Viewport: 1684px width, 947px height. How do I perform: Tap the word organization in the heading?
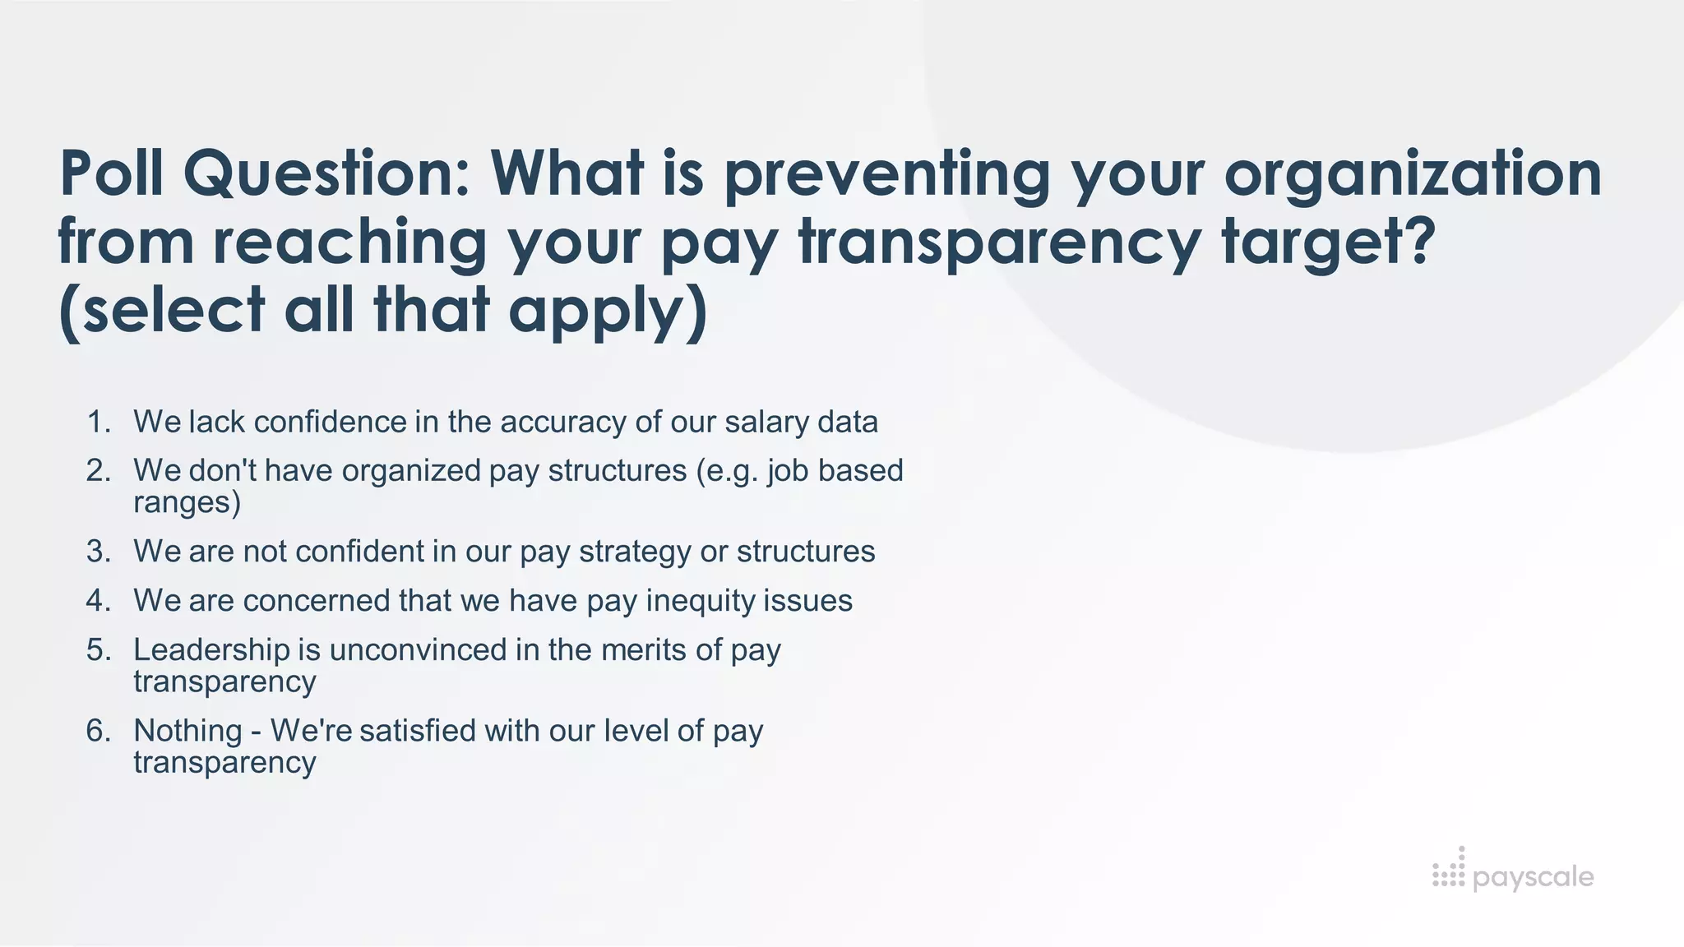pyautogui.click(x=1413, y=173)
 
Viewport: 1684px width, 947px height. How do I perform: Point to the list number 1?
pyautogui.click(x=98, y=423)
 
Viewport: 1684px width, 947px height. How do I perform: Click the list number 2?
pyautogui.click(x=98, y=471)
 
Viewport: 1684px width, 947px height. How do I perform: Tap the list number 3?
pyautogui.click(x=98, y=552)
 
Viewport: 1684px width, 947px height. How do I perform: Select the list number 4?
pyautogui.click(x=98, y=601)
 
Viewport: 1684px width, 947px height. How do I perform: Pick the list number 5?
pyautogui.click(x=98, y=650)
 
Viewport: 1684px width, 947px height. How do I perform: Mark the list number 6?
pyautogui.click(x=98, y=731)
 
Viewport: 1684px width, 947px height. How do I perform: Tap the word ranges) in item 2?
pyautogui.click(x=187, y=502)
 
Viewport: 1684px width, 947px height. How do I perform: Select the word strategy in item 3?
pyautogui.click(x=634, y=552)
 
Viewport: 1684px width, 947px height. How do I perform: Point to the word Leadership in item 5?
pyautogui.click(x=211, y=650)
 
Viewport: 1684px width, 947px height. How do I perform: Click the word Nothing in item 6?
pyautogui.click(x=187, y=731)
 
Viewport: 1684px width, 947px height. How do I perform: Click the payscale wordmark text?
pyautogui.click(x=1533, y=877)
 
